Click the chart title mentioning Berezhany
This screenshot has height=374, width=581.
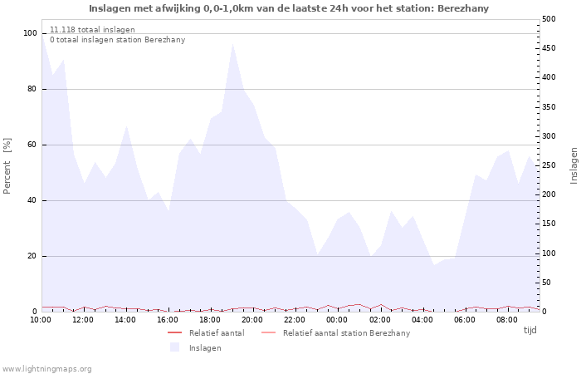[289, 8]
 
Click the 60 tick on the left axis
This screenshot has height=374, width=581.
[32, 145]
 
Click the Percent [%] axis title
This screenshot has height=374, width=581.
[7, 166]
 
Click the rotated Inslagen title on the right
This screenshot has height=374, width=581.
[574, 165]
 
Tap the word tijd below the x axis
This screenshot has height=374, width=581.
[530, 330]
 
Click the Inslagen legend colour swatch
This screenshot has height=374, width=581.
[174, 347]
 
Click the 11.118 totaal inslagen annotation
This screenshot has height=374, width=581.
[92, 30]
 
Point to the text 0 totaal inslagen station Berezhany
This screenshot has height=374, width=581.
[117, 40]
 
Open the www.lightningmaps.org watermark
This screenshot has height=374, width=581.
[46, 368]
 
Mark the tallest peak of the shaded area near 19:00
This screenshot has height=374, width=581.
[232, 43]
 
